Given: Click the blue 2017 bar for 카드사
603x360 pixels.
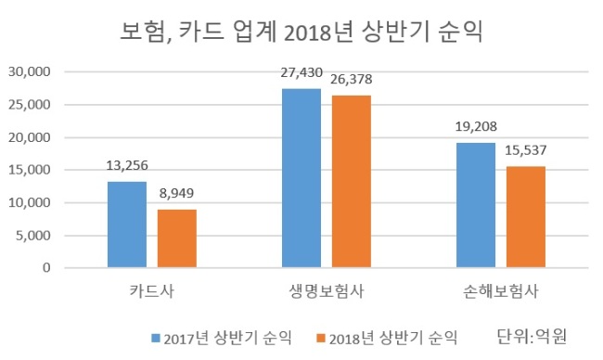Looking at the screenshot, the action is point(127,225).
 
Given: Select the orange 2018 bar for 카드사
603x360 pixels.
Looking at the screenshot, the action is point(177,238).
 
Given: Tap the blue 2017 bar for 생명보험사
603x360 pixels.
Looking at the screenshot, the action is point(301,178).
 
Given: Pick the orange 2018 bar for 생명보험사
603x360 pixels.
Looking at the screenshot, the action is point(352,182).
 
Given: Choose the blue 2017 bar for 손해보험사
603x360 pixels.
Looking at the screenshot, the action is point(476,205).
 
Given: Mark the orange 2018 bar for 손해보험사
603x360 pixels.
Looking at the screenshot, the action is point(526,217).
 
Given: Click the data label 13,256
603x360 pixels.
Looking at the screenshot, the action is point(127,166).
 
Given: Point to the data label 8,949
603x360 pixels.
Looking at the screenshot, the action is point(176,193).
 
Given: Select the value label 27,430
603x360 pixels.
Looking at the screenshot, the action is point(301,72).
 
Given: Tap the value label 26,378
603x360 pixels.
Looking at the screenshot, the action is point(352,79).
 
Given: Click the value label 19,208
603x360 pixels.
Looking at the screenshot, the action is point(476,126).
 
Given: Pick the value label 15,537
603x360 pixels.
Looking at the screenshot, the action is point(526,150).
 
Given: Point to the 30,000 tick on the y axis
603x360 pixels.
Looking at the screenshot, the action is point(30,72).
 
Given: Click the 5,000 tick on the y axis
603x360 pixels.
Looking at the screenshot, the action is point(33,236).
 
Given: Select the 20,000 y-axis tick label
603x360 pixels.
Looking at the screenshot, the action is point(30,137).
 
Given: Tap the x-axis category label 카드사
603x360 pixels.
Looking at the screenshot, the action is point(152,290).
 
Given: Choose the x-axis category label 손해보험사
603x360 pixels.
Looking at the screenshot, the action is point(501,291).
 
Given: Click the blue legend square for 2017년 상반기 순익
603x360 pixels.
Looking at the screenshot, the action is point(156,338).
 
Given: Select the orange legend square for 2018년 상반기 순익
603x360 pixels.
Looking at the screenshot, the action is point(321,338).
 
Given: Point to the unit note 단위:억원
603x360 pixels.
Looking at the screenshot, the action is point(532,337).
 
